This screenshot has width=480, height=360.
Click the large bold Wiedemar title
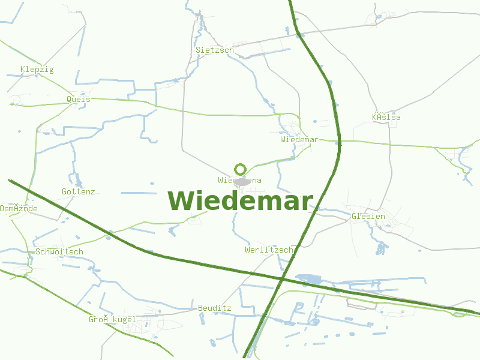click(240, 201)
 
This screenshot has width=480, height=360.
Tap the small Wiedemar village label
click(298, 139)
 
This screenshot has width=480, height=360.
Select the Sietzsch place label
click(214, 50)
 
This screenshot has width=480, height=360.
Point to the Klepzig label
click(37, 70)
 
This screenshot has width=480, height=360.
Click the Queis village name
click(79, 99)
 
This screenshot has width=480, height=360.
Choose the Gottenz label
click(78, 192)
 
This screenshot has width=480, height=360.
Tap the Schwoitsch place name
click(59, 252)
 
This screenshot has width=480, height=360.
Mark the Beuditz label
click(214, 308)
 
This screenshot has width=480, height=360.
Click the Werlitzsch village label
click(269, 250)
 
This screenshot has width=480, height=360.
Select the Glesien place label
click(368, 216)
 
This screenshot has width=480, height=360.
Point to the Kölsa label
click(386, 118)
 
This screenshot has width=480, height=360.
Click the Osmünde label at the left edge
click(19, 209)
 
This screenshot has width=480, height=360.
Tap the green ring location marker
click(241, 169)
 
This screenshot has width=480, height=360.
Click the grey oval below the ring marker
click(241, 181)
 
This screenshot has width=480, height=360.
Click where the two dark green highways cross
click(281, 279)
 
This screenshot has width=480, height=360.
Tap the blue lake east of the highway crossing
click(308, 279)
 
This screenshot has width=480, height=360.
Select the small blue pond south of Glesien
click(380, 247)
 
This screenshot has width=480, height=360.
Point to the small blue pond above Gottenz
click(78, 180)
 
